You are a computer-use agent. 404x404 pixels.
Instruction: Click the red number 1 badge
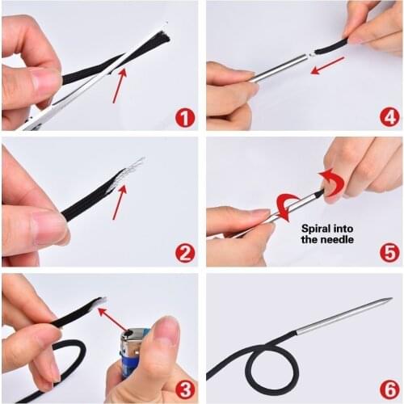point(185,118)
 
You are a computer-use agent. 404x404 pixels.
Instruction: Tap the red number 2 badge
point(185,254)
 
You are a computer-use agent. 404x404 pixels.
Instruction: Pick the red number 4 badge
point(390,118)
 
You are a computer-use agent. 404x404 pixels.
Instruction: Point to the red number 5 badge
point(390,254)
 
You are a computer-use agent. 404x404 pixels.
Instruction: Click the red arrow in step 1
point(119,86)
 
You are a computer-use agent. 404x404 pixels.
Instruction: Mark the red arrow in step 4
point(328,65)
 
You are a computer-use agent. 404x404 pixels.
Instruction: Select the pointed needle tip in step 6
point(389,301)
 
